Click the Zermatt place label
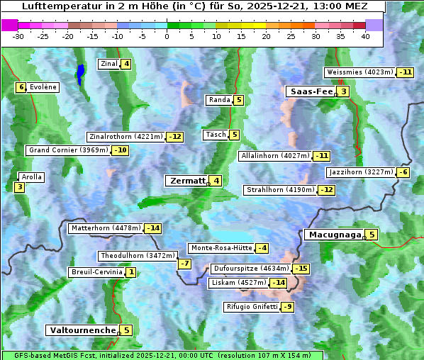[187, 181]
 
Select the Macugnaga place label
[334, 235]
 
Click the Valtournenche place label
[82, 330]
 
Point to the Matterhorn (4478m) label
[106, 228]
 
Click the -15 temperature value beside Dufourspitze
[301, 269]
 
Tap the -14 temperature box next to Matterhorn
[152, 228]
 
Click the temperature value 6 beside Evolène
[21, 87]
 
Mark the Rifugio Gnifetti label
[252, 307]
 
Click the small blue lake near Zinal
[80, 73]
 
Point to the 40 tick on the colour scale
[365, 36]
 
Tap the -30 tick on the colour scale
[18, 36]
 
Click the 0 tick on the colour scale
[167, 36]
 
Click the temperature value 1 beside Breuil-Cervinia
[131, 272]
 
